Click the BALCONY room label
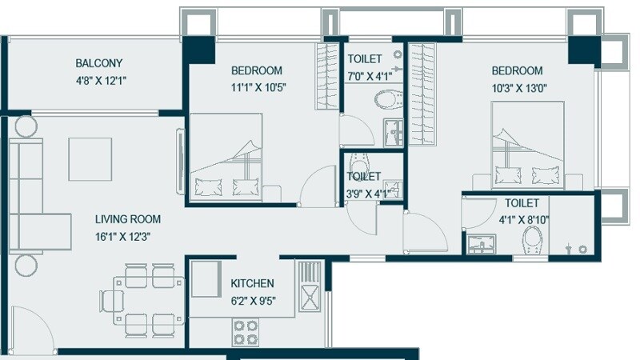pyautogui.click(x=99, y=63)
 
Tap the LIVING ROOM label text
pyautogui.click(x=128, y=219)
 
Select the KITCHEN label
pyautogui.click(x=252, y=283)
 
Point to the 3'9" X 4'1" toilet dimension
pyautogui.click(x=364, y=192)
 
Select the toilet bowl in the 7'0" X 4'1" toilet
pyautogui.click(x=388, y=101)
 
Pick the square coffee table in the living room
pyautogui.click(x=90, y=159)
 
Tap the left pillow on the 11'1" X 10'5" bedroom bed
pyautogui.click(x=210, y=187)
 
